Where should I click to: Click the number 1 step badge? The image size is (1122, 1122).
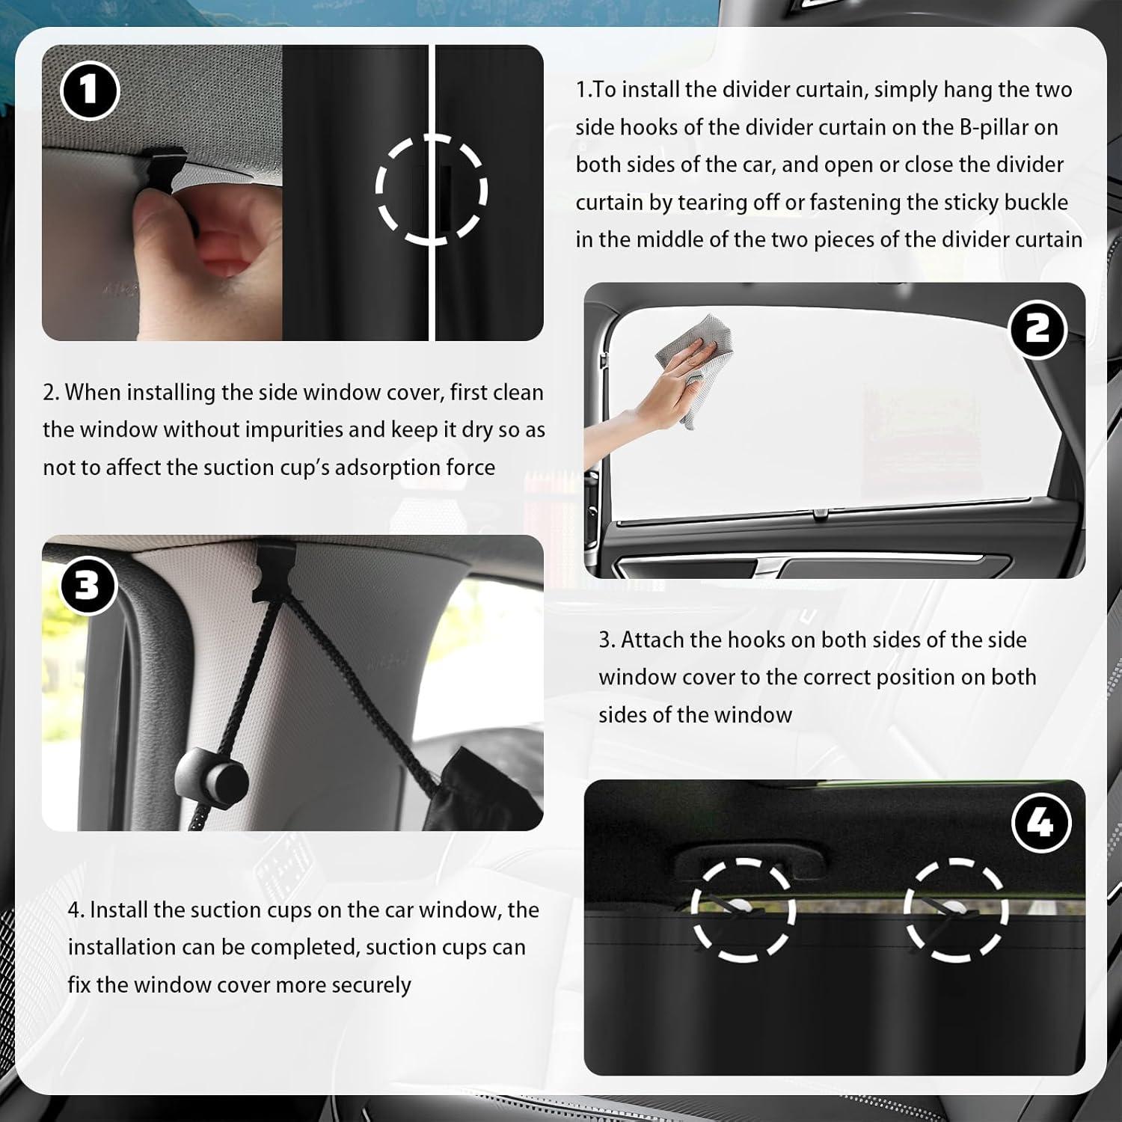(x=89, y=91)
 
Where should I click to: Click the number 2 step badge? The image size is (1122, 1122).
(x=1037, y=328)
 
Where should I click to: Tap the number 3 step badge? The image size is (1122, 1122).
(x=88, y=585)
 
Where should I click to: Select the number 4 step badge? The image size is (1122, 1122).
(x=1040, y=823)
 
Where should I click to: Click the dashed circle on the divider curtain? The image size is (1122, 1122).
(x=431, y=190)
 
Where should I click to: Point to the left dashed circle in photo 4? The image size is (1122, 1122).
(x=743, y=909)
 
